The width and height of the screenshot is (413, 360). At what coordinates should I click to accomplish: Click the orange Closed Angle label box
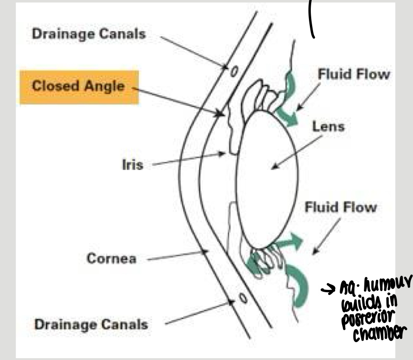[x=78, y=87]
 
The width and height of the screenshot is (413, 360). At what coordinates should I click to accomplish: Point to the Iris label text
[x=133, y=165]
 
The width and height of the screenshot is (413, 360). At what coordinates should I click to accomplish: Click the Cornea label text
[x=112, y=258]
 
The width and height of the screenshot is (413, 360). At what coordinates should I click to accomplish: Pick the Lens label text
[x=328, y=126]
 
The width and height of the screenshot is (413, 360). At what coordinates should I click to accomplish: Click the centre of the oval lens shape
[x=267, y=179]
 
